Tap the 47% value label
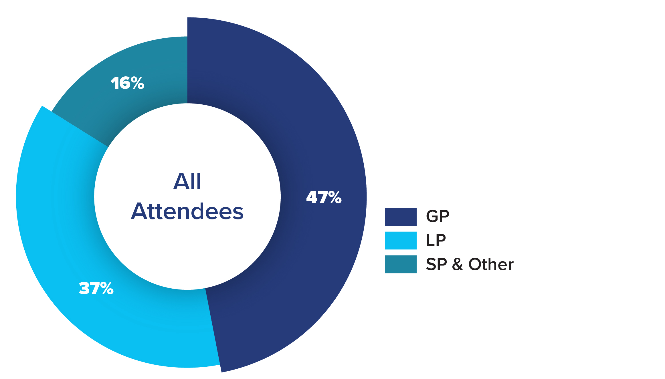pos(324,197)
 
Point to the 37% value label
pos(96,288)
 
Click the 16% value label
pos(127,83)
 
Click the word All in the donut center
pos(187,181)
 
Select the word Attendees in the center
pos(187,212)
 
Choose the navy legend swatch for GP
pos(401,217)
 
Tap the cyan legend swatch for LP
pos(401,241)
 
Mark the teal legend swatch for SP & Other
pos(401,264)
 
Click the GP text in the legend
pos(438,216)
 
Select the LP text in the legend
pos(436,240)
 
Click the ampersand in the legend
pos(458,264)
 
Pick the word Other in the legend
pos(491,264)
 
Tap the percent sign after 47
pos(335,197)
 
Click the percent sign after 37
pos(107,288)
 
